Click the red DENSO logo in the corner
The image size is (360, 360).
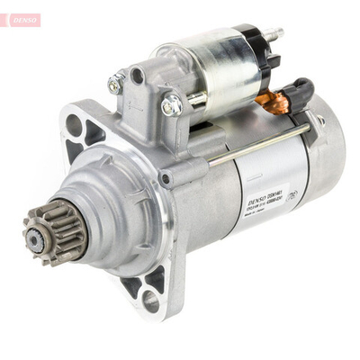click(21, 19)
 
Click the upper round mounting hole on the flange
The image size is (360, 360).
click(73, 126)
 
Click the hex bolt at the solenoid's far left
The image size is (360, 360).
click(115, 85)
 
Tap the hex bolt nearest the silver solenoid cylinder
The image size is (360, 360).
click(171, 105)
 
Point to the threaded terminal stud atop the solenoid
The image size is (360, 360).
click(273, 35)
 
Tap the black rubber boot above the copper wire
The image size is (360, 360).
click(298, 90)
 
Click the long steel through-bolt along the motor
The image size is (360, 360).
click(261, 145)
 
